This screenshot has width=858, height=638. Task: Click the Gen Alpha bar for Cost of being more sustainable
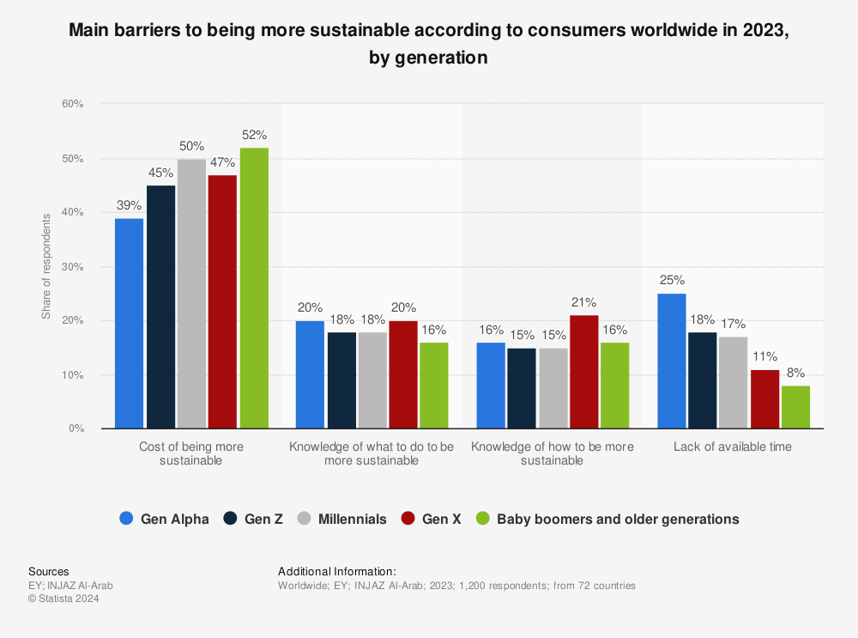coord(129,323)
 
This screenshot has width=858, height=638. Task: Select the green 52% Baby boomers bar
coord(253,288)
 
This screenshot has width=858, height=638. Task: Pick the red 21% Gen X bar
coord(583,371)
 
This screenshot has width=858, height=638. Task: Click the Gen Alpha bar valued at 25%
coord(671,361)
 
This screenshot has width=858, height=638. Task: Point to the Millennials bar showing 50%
coord(191,293)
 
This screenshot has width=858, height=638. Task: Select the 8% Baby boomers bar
coord(795,407)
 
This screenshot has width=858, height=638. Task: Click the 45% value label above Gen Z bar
coord(160,173)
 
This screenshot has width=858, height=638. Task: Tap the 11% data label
coord(764,357)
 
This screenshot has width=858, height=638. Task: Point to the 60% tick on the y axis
coord(71,104)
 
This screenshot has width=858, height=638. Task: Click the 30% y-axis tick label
coord(71,267)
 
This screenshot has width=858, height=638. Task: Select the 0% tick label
coord(75,428)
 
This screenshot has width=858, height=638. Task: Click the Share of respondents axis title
coord(46,266)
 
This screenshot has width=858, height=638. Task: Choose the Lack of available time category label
coord(732,447)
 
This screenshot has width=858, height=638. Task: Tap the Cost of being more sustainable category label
coord(191,453)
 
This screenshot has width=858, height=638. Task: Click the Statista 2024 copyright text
coord(63,599)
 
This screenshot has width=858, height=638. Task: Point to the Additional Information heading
coord(337,571)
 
